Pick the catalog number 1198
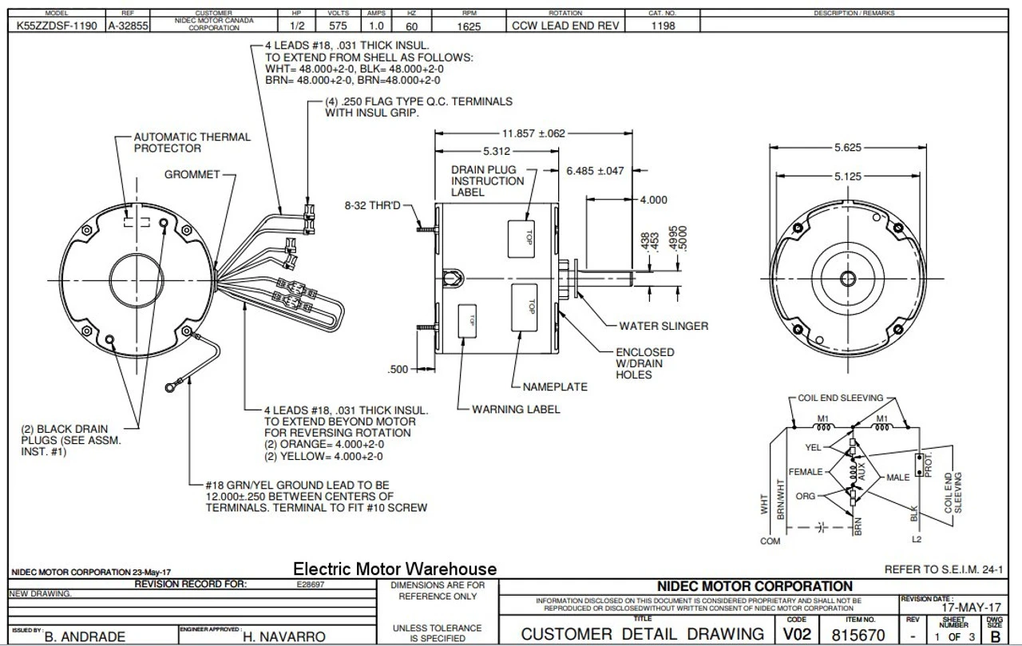(x=663, y=26)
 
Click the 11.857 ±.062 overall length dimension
(x=527, y=133)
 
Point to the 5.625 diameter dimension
(x=847, y=148)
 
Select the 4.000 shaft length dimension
(x=654, y=200)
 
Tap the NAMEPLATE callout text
(x=555, y=387)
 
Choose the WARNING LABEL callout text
(x=516, y=410)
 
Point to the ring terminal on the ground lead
(x=170, y=388)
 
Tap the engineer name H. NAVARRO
(x=285, y=636)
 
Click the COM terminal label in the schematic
(x=770, y=541)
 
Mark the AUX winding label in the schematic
(x=861, y=470)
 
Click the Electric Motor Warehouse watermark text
(x=394, y=569)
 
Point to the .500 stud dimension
(x=398, y=369)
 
